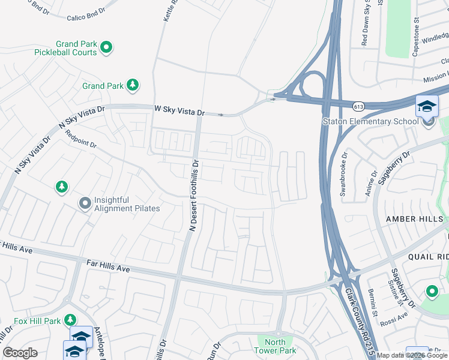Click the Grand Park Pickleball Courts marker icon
(106, 47)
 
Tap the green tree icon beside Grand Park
(133, 85)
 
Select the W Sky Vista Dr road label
(179, 110)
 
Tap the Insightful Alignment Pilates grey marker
(85, 204)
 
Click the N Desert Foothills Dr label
(194, 195)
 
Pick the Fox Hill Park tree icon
(71, 319)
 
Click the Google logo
(20, 353)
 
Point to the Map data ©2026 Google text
(412, 355)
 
